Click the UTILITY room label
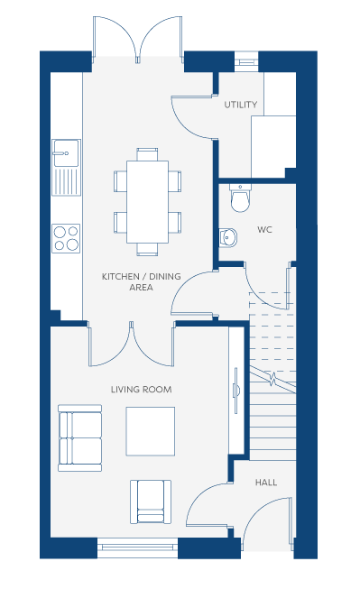point(241,105)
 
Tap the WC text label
point(264,229)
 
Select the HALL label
point(266,483)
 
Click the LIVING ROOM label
point(142,390)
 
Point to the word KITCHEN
point(121,277)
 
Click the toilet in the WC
point(239,198)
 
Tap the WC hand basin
point(227,237)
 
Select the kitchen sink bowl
point(66,152)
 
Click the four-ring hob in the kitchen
point(66,238)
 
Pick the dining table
point(147,202)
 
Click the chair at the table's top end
point(147,154)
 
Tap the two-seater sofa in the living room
point(79,438)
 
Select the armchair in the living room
point(151,502)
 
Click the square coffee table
point(151,431)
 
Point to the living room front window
point(137,548)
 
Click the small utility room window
point(246,61)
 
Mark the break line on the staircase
point(272,379)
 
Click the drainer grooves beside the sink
point(66,181)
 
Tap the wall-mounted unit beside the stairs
point(236,391)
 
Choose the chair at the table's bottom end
point(147,250)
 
